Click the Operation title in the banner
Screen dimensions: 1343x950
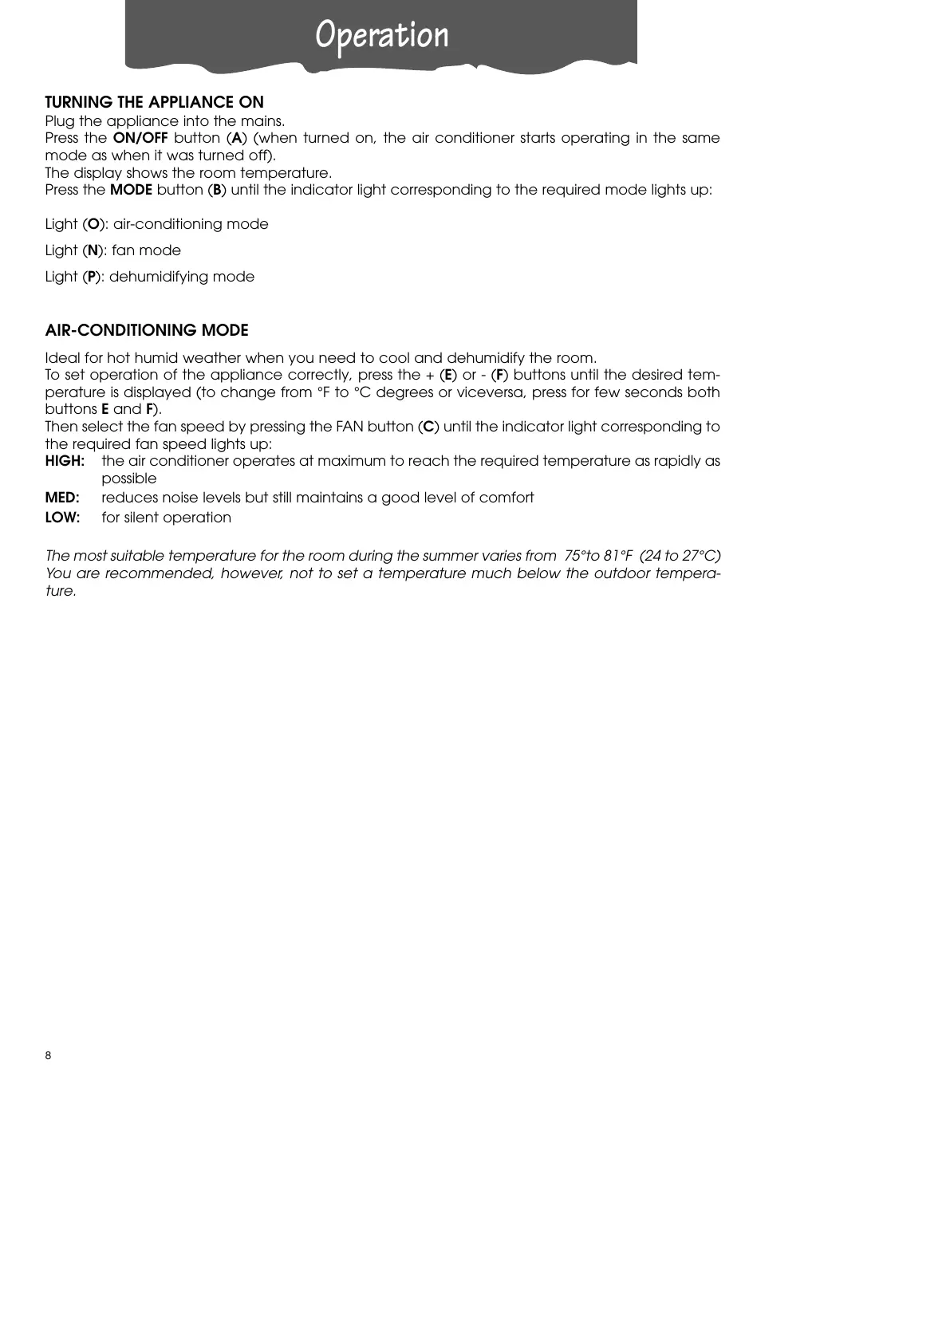coord(381,35)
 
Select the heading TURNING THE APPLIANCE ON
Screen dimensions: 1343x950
coord(154,102)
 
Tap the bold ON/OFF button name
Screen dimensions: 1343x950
coord(140,138)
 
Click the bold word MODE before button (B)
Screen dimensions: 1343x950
coord(131,190)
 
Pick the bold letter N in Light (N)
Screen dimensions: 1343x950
coord(93,250)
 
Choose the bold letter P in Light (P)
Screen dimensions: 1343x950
coord(92,277)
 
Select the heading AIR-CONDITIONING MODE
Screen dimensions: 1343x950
coord(147,330)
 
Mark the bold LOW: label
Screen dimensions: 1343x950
coord(62,518)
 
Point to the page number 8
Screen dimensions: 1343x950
coord(48,1056)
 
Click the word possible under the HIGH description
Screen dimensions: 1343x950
coord(129,479)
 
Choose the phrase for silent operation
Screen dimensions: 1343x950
coord(167,518)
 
